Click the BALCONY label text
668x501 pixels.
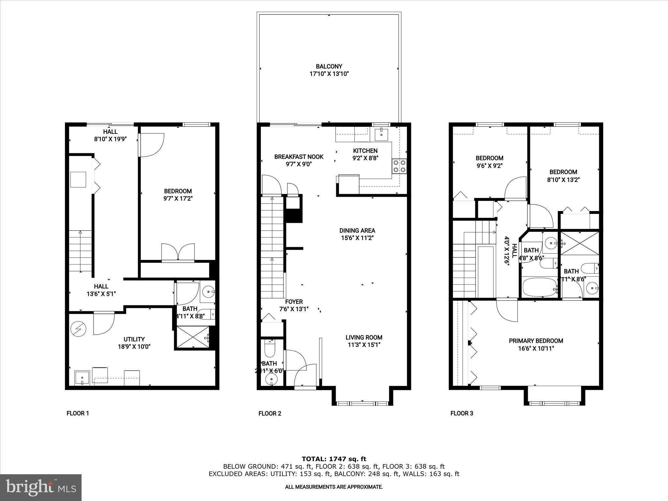coord(329,67)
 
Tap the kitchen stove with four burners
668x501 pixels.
coord(399,166)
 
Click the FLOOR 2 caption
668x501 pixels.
coord(270,414)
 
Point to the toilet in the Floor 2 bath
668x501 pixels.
coord(270,349)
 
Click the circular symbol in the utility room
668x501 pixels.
coord(78,329)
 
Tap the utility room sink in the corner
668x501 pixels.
coord(82,378)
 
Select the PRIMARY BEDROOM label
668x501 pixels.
coord(536,341)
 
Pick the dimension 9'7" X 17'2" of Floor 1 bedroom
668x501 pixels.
coord(178,199)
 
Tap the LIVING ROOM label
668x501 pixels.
coord(364,338)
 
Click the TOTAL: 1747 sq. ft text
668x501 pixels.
coord(334,459)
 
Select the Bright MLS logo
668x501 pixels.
coord(41,487)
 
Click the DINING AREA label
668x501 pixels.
coord(357,231)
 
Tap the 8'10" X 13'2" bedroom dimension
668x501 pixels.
coord(563,179)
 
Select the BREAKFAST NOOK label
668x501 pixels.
coord(298,157)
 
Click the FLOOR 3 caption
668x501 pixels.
coord(462,414)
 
